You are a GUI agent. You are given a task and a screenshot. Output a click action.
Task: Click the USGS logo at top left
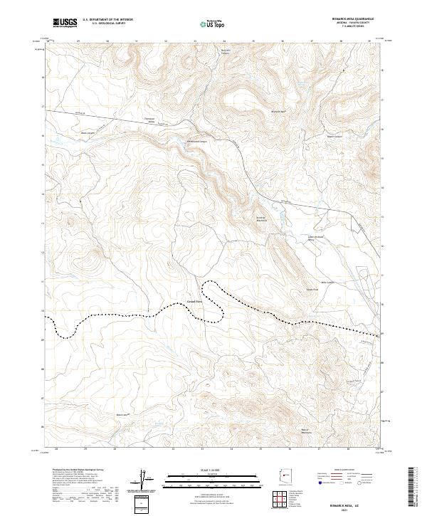tap(65, 23)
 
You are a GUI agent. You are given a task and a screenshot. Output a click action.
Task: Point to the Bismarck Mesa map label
tap(278, 112)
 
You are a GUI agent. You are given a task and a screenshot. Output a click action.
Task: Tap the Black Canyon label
tap(87, 132)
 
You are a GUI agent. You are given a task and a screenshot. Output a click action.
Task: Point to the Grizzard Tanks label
tap(194, 300)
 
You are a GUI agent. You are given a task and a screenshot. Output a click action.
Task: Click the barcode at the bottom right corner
tap(413, 486)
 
